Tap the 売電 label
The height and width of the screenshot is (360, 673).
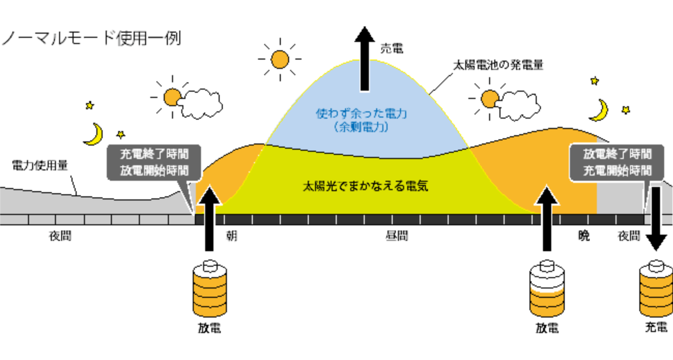391,49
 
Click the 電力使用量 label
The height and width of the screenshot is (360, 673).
40,165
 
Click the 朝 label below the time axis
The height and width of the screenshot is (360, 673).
232,236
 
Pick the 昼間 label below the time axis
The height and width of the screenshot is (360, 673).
396,236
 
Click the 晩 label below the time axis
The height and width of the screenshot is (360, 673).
584,236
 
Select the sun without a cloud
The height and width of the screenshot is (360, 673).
280,59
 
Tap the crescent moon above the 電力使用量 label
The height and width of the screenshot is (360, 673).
94,134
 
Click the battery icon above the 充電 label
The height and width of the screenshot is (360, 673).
656,290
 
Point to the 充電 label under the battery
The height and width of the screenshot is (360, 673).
656,327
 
